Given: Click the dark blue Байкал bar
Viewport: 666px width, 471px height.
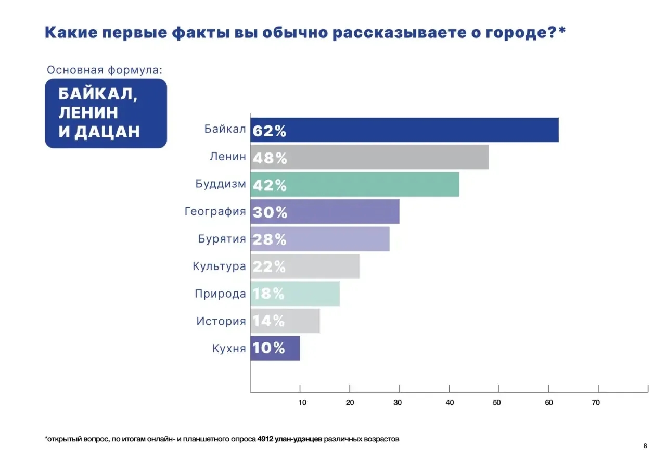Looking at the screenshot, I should coord(404,130).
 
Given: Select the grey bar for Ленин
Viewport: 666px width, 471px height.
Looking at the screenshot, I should coord(369,157).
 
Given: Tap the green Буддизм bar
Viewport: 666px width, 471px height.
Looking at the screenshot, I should coord(354,185).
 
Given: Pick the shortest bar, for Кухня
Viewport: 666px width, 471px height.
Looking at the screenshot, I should coord(275,348).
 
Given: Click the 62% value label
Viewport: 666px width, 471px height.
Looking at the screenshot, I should coord(270,131).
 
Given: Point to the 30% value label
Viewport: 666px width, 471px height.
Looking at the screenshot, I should coord(270,212).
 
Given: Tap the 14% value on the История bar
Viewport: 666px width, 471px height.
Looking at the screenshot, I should coord(269,321).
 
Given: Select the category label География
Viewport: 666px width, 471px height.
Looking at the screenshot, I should coord(215,212).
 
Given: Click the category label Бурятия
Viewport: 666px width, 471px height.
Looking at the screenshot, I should coord(222,239).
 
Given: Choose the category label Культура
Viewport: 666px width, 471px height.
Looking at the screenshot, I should coord(219,266).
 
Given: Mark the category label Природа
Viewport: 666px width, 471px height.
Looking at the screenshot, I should coord(220,294).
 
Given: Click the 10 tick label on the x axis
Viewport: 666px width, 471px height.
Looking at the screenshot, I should coord(302,402).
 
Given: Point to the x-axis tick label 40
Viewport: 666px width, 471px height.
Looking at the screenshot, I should coord(450,402).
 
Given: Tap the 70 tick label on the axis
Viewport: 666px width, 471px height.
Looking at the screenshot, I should coord(596,402).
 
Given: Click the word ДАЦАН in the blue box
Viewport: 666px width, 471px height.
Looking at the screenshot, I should coord(107,132).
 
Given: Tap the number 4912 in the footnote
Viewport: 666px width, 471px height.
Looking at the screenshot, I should coord(265,439).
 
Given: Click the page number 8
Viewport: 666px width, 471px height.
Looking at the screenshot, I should coord(645,446).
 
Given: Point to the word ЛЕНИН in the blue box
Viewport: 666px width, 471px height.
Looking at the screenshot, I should coord(88,112).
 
